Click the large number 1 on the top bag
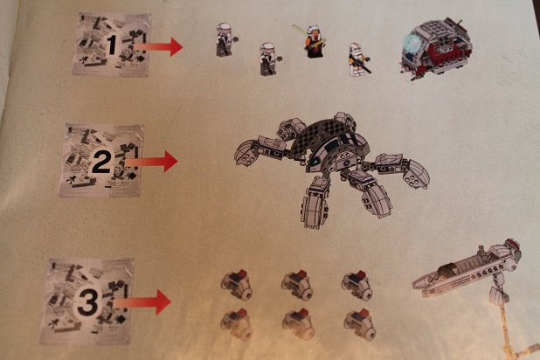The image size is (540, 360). (x=111, y=44)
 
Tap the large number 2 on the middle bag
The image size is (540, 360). (x=100, y=163)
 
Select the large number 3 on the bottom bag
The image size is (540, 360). (x=87, y=303)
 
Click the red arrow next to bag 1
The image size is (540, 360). (x=158, y=46)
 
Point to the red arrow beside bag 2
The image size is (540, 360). (x=151, y=161)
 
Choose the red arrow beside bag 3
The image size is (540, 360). (x=142, y=302)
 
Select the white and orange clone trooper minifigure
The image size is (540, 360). (x=358, y=59)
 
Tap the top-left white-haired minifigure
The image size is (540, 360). (x=225, y=39)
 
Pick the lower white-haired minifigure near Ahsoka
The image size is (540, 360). (x=269, y=59)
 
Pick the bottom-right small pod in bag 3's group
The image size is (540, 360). (x=359, y=324)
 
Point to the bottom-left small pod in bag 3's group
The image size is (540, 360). (x=236, y=324)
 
